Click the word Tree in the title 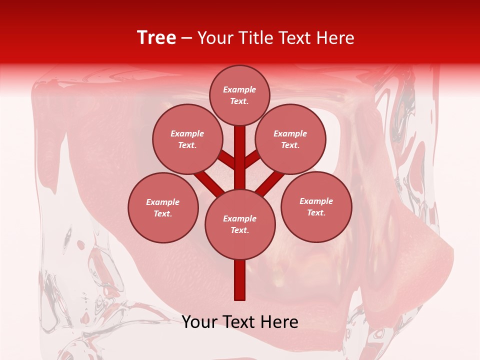click(x=156, y=38)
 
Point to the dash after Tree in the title click(x=186, y=38)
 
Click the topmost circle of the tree click(x=239, y=95)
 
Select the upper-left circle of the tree click(x=187, y=139)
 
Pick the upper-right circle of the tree click(x=290, y=139)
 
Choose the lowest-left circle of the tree click(x=162, y=207)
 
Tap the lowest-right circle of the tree click(x=316, y=206)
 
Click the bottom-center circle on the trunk click(x=239, y=224)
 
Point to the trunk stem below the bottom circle click(x=239, y=280)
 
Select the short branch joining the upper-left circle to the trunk click(x=226, y=160)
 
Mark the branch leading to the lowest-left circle click(x=208, y=182)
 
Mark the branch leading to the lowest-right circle click(x=271, y=183)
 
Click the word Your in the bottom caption click(x=199, y=322)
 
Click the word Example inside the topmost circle click(x=239, y=89)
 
